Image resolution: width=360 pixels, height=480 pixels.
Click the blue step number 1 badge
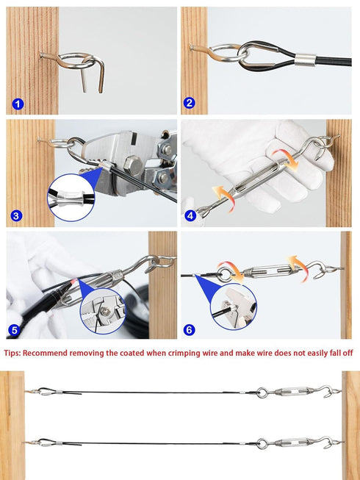tap(18, 104)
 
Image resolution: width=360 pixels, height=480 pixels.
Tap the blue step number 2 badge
tap(189, 103)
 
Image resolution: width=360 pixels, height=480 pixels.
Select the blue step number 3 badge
tap(16, 216)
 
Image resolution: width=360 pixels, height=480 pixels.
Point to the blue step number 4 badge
tap(190, 216)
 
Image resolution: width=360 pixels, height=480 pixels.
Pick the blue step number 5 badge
tap(14, 330)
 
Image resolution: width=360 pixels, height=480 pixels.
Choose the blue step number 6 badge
tap(189, 330)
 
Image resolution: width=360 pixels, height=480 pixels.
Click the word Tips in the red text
tap(12, 353)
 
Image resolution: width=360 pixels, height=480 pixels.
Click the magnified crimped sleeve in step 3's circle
tap(71, 198)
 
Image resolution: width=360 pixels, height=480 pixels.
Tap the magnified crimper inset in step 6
tap(234, 307)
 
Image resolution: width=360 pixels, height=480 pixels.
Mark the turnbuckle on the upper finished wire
tap(294, 392)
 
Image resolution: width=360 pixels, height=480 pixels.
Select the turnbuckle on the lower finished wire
tap(294, 443)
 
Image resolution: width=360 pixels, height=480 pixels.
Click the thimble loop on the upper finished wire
tap(46, 391)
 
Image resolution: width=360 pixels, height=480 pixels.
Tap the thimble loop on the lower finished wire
tap(46, 442)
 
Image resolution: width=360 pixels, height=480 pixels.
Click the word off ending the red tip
tap(348, 353)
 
